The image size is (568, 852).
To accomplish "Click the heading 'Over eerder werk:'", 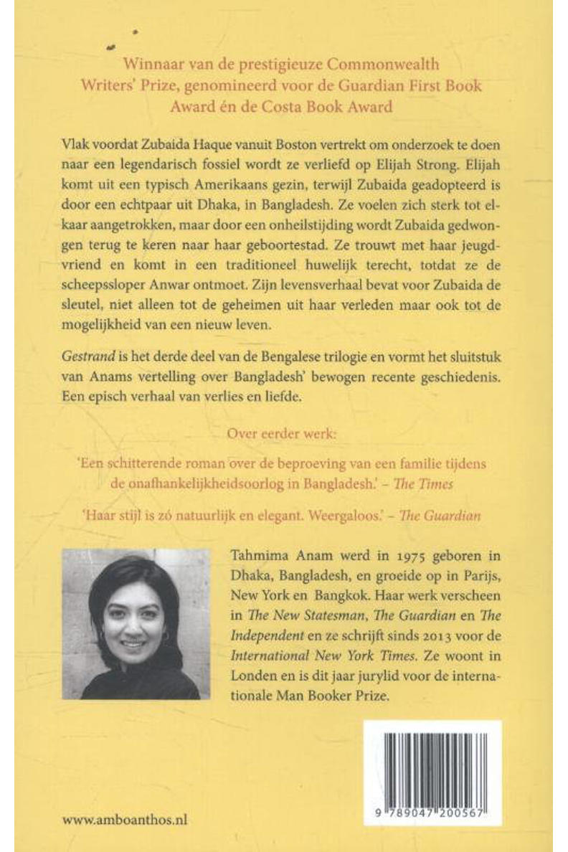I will [283, 434].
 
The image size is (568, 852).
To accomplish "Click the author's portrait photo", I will [136, 624].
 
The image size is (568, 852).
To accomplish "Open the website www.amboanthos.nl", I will [126, 820].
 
